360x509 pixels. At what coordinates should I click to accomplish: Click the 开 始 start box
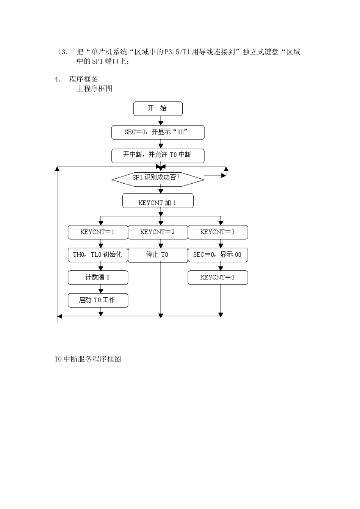(x=158, y=109)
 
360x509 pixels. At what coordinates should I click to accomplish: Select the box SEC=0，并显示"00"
(x=158, y=132)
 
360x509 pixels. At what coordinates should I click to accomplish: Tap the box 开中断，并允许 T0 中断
(x=158, y=155)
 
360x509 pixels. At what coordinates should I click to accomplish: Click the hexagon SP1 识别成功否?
(x=158, y=178)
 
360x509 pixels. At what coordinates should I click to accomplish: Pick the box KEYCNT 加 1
(x=158, y=201)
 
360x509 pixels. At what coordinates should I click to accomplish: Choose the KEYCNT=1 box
(x=98, y=232)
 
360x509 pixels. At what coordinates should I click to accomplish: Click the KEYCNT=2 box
(x=158, y=232)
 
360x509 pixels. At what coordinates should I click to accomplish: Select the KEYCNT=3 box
(x=218, y=232)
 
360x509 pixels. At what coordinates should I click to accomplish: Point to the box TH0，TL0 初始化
(x=98, y=255)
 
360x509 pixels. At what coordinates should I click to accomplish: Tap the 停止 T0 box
(x=158, y=255)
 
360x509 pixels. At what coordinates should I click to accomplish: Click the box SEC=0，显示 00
(x=218, y=255)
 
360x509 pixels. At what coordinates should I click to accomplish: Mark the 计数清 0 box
(x=98, y=278)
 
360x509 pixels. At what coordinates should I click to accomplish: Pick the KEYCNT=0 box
(x=218, y=278)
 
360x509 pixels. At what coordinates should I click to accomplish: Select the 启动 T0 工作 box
(x=98, y=300)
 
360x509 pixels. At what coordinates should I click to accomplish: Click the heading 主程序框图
(x=94, y=89)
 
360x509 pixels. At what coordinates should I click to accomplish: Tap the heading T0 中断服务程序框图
(x=88, y=359)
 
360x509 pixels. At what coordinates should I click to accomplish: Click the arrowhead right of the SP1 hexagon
(x=224, y=175)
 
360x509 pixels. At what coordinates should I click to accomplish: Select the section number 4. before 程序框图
(x=57, y=79)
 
